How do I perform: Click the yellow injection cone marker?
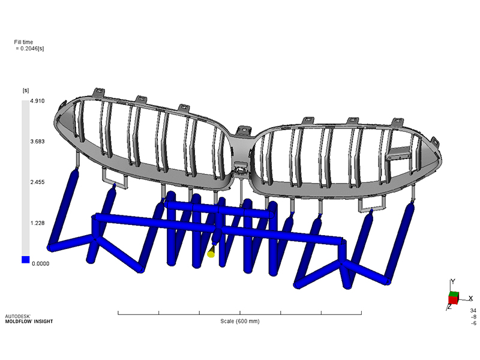(x=211, y=253)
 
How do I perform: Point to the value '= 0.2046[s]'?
(x=30, y=49)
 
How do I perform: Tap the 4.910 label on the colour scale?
(x=40, y=103)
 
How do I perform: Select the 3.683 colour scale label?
(x=40, y=142)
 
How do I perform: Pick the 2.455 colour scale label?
(x=40, y=182)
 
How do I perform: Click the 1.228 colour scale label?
(x=40, y=222)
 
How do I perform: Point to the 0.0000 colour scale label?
(x=41, y=263)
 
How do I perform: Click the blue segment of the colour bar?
(x=25, y=260)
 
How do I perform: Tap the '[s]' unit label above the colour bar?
(x=26, y=91)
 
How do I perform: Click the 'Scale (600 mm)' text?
(x=239, y=322)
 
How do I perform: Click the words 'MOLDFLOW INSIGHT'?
(x=29, y=322)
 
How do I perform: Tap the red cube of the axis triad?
(x=454, y=298)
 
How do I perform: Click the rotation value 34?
(x=473, y=310)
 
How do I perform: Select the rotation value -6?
(x=473, y=323)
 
